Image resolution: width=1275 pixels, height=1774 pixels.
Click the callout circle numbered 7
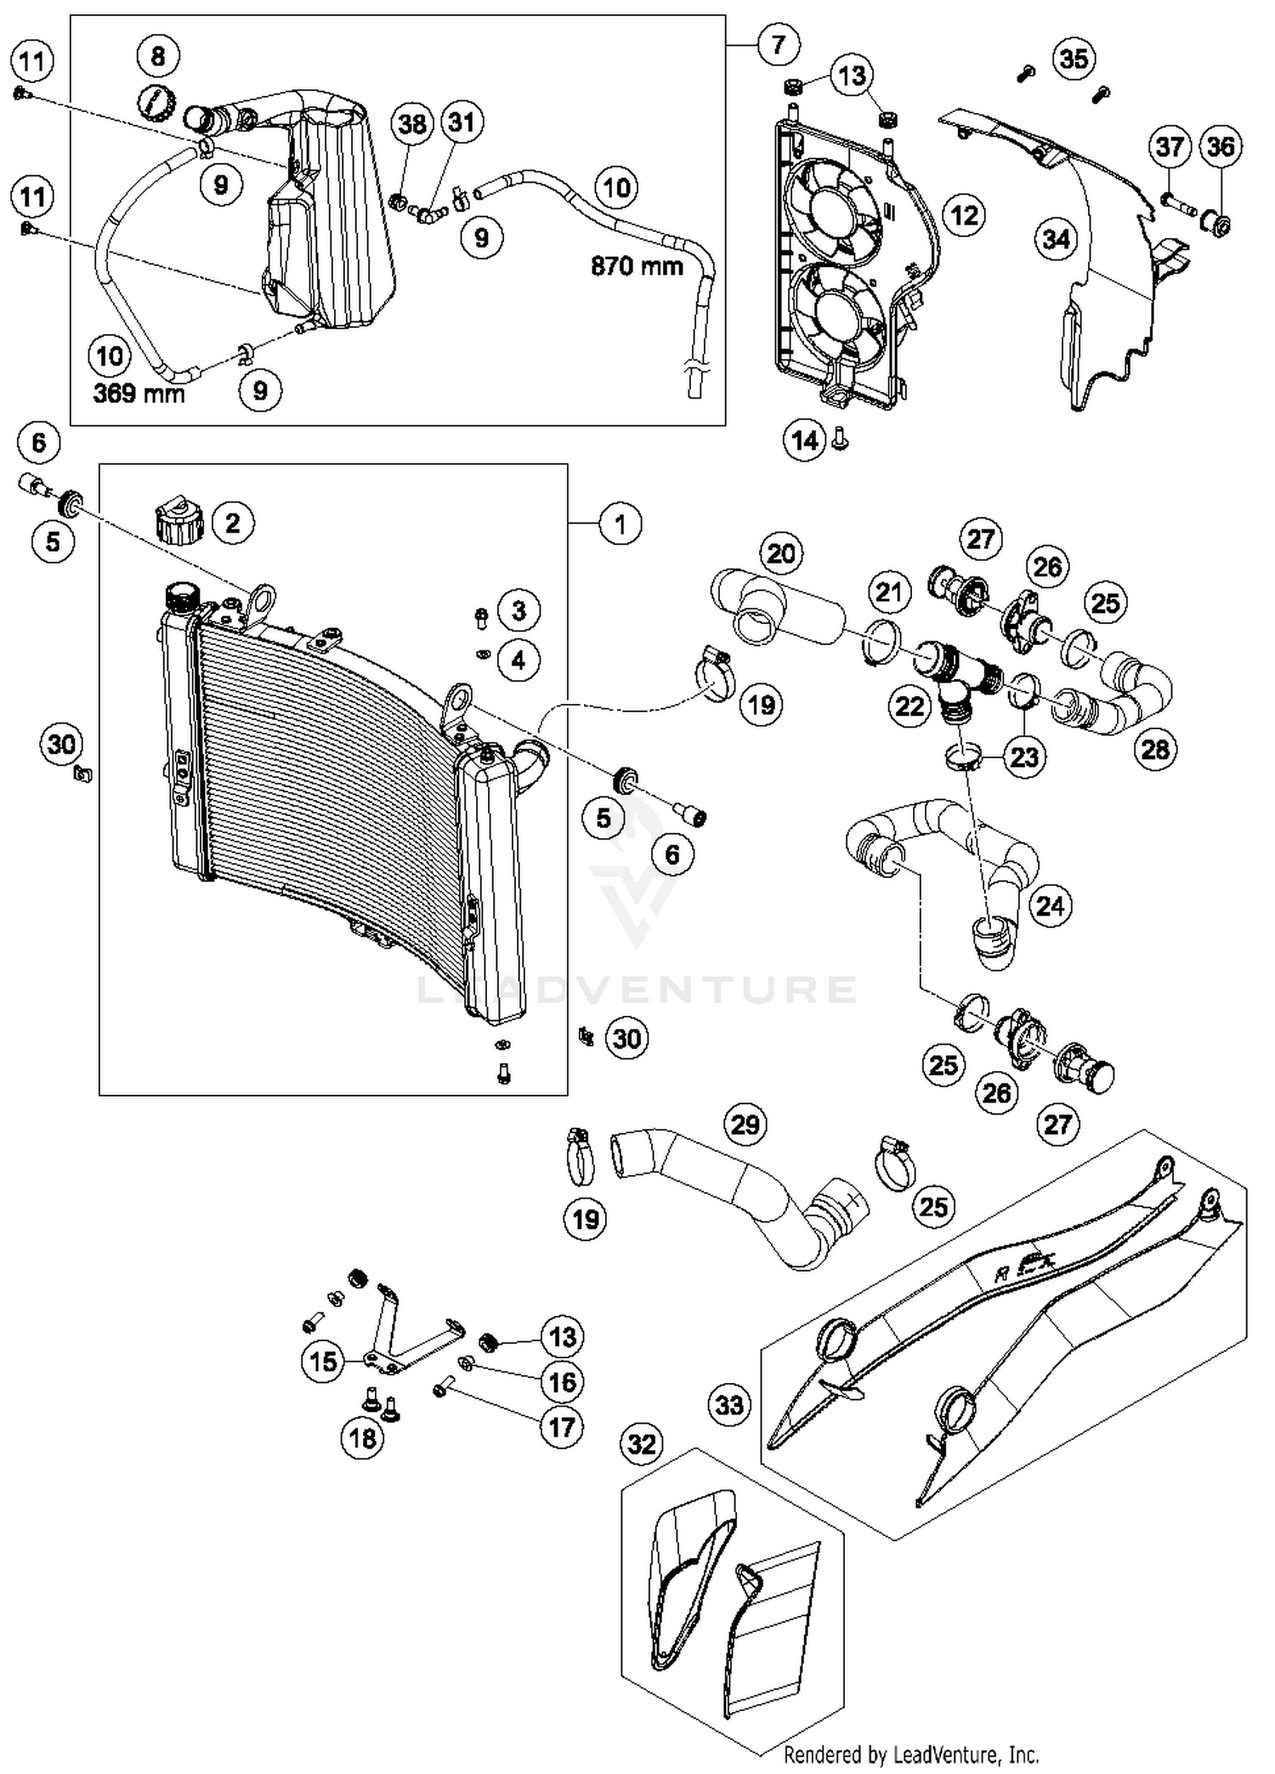778,44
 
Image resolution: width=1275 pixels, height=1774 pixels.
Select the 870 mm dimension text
637,267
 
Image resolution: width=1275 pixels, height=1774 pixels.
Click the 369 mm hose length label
139,394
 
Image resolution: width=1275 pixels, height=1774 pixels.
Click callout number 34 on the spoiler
1056,240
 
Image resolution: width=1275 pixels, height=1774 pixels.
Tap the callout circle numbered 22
909,706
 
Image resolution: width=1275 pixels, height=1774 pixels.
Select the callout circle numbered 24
1050,906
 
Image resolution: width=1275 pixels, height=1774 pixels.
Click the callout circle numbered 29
745,1125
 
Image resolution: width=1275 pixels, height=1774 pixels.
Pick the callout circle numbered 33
729,1404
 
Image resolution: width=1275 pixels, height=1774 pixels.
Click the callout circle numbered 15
323,1362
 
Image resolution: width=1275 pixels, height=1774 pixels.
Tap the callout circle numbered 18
363,1437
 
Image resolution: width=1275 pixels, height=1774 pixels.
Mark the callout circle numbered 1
620,524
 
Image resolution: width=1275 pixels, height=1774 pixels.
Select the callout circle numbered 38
412,124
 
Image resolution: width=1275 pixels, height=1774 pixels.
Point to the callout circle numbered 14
804,440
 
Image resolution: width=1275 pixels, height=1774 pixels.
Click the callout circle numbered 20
780,553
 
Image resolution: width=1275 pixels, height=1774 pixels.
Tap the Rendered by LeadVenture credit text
910,1754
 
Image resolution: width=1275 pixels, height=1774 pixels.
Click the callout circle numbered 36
1221,146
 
